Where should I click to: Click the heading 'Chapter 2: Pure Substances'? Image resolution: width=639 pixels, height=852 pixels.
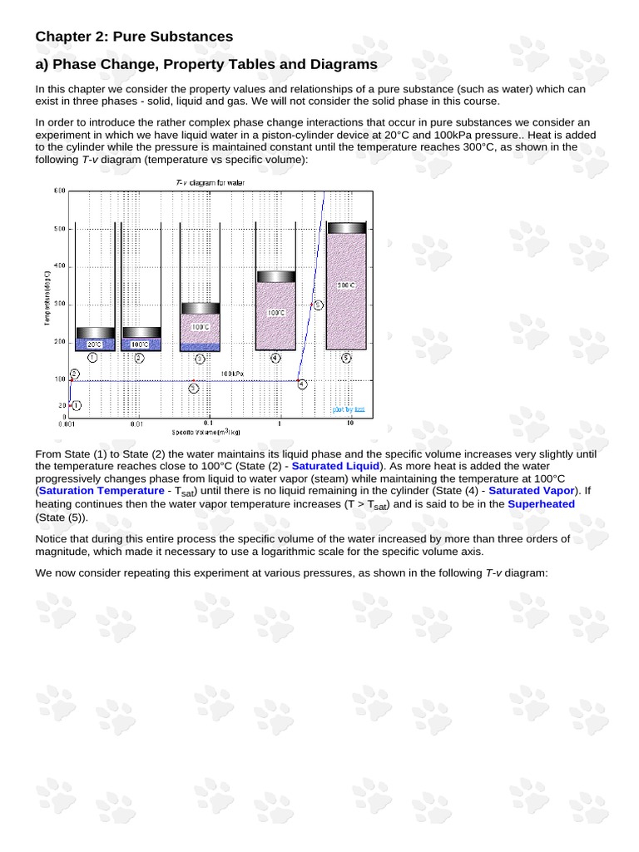pos(133,37)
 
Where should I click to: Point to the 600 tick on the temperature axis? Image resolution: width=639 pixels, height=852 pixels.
pos(60,191)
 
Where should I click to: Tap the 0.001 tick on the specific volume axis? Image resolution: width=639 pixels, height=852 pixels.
pos(66,424)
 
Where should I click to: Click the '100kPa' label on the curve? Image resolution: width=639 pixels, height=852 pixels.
pos(232,374)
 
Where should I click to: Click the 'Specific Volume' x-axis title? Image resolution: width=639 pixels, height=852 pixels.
pos(206,433)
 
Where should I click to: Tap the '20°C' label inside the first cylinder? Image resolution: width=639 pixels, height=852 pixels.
pos(94,344)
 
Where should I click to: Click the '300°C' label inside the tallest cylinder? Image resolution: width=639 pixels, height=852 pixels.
pos(346,285)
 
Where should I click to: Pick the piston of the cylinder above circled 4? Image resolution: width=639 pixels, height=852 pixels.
pos(275,277)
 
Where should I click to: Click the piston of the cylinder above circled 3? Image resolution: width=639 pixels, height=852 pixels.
pos(200,308)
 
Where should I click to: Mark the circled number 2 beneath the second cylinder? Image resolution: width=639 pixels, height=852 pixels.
pos(138,358)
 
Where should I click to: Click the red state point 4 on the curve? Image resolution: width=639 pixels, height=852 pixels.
pos(299,381)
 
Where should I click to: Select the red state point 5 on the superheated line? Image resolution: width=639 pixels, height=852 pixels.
pos(312,305)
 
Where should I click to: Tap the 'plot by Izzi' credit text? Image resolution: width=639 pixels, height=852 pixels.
pos(349,409)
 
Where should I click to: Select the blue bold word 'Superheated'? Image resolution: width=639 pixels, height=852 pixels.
pos(541,504)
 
